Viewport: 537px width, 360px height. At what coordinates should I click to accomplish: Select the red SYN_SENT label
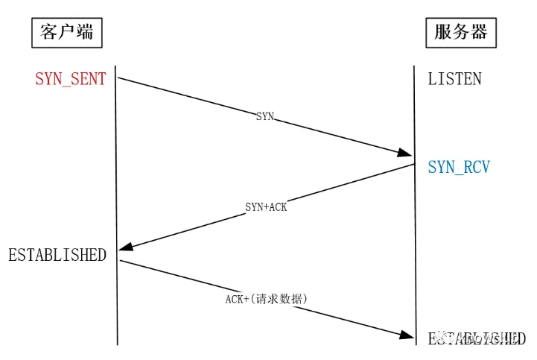pos(71,79)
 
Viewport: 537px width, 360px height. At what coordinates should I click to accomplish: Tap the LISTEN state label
pos(454,79)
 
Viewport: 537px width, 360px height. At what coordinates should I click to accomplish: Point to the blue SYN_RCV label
pos(459,167)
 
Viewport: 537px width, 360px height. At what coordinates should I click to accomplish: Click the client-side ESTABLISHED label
pos(57,255)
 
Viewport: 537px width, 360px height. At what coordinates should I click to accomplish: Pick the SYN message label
pos(265,116)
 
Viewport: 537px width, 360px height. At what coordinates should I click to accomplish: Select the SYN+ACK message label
pos(266,206)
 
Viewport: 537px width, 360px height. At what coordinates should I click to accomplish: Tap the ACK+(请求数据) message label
pos(267,298)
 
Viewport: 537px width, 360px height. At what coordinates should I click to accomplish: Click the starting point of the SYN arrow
pos(118,77)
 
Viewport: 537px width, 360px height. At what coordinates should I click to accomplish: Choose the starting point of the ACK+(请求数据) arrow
pos(118,260)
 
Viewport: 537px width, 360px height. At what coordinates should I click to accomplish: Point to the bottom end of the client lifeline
pos(117,344)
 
